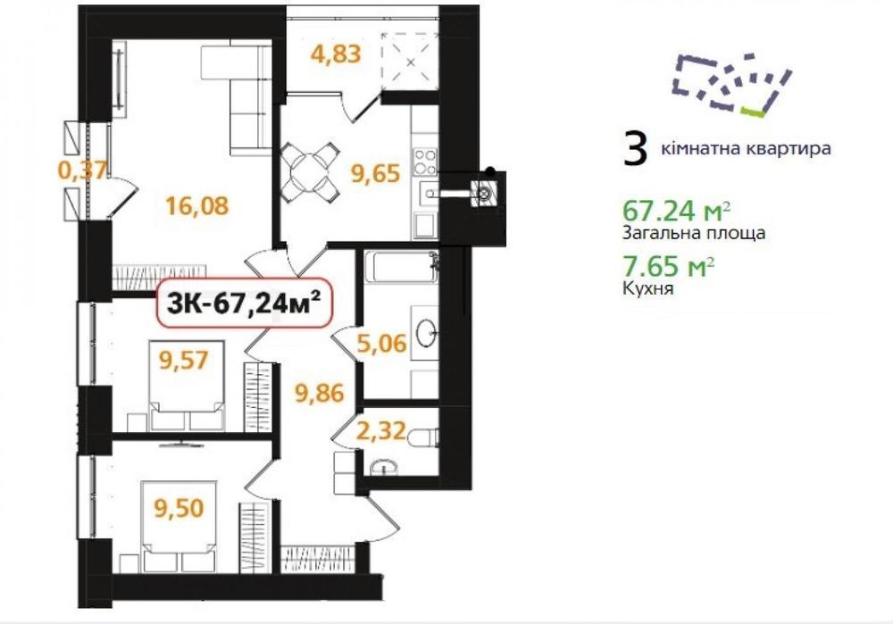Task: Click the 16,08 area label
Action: pyautogui.click(x=197, y=205)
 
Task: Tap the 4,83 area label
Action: pyautogui.click(x=336, y=54)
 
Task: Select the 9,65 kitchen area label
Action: pyautogui.click(x=376, y=173)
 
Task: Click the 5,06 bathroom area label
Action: pyautogui.click(x=382, y=343)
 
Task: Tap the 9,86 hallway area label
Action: pyautogui.click(x=320, y=393)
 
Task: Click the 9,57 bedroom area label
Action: pyautogui.click(x=184, y=360)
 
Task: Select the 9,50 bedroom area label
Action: pyautogui.click(x=179, y=507)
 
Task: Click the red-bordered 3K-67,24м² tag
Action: pyautogui.click(x=243, y=303)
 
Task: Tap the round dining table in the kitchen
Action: pyautogui.click(x=310, y=171)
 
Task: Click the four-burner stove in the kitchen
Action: pyautogui.click(x=425, y=161)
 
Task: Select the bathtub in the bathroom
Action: pyautogui.click(x=400, y=267)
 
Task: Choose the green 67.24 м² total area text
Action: pyautogui.click(x=677, y=211)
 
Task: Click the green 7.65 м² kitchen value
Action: pyautogui.click(x=669, y=266)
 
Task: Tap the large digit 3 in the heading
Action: pyautogui.click(x=636, y=148)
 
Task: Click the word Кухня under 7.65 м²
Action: pyautogui.click(x=648, y=288)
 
